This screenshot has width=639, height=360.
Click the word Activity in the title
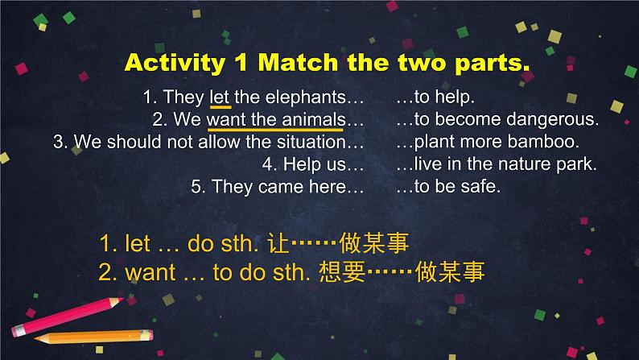pos(175,63)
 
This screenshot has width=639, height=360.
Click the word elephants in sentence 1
pos(306,97)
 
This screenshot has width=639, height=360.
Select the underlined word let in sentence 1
pos(219,97)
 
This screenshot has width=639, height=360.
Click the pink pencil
pos(68,317)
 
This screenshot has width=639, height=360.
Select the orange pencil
pos(93,337)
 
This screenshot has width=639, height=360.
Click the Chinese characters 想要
pos(342,271)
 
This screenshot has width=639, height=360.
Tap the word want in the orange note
pos(150,272)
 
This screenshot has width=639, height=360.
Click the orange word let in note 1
pos(138,243)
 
